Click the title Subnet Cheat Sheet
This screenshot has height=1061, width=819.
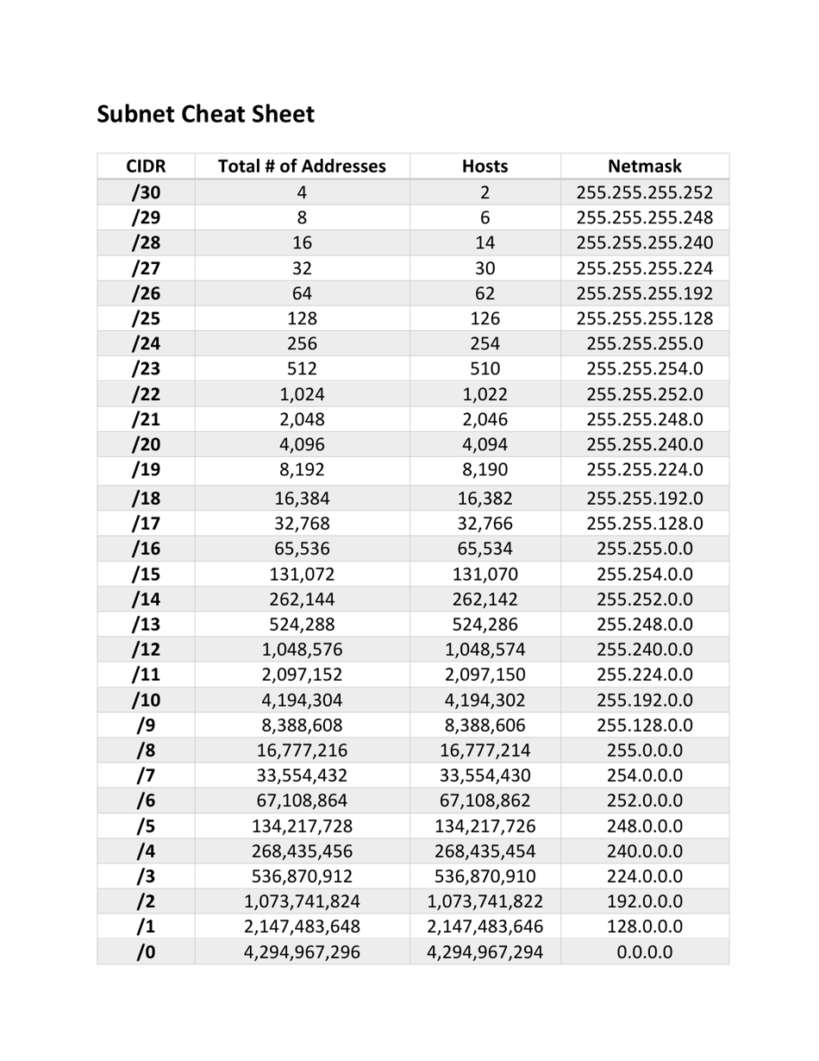(x=205, y=114)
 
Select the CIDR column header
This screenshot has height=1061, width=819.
(x=146, y=166)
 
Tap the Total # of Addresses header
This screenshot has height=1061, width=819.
(x=302, y=166)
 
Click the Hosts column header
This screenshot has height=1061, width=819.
(x=485, y=166)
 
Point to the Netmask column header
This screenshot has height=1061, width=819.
(x=644, y=166)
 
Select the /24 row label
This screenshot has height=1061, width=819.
(x=146, y=344)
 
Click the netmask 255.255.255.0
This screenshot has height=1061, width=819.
(x=644, y=344)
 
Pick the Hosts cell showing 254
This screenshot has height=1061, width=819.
(x=485, y=344)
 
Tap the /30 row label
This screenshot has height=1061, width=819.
(x=146, y=192)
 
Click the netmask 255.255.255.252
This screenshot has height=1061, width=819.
(x=644, y=192)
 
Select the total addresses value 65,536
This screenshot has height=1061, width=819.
(x=302, y=549)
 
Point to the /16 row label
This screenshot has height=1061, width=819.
(x=146, y=549)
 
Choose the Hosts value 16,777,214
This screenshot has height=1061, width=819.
(x=485, y=750)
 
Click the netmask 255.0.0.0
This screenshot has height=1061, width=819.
(x=644, y=750)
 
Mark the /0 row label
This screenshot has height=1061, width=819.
(x=146, y=953)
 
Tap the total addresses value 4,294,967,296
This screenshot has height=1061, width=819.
(x=302, y=953)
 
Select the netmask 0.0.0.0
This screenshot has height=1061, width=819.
(x=644, y=953)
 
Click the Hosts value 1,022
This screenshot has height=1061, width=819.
(x=485, y=395)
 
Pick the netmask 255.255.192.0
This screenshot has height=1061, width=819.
(x=644, y=498)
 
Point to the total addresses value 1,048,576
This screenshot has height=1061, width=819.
(x=302, y=650)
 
